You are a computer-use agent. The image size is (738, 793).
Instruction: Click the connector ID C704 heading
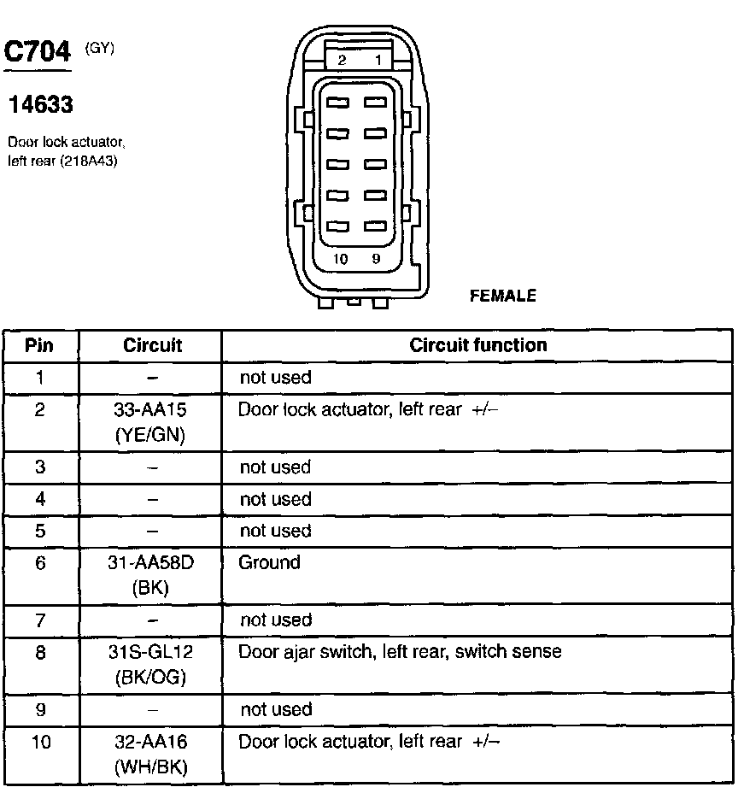[38, 54]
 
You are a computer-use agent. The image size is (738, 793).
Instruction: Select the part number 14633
[40, 105]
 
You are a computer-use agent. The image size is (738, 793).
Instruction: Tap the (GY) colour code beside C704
[100, 49]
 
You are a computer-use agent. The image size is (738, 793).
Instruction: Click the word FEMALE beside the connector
[503, 296]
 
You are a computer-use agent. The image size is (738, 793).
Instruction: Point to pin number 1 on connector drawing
[377, 61]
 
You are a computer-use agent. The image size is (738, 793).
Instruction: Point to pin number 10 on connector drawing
[340, 259]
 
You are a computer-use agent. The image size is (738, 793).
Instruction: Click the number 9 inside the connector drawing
[376, 259]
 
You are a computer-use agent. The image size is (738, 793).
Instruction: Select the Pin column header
[39, 345]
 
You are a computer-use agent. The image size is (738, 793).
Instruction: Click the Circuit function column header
[478, 345]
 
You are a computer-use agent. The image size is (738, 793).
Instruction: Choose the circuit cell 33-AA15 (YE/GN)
[149, 422]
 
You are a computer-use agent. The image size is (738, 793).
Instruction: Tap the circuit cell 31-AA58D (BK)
[149, 575]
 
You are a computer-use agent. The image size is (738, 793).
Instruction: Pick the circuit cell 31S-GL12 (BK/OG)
[149, 665]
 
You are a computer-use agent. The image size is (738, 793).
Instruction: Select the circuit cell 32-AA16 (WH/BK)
[149, 755]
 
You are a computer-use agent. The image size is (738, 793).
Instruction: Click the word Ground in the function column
[269, 562]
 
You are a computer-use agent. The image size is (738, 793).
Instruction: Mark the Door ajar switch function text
[400, 652]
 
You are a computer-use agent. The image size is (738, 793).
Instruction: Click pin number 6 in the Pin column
[40, 563]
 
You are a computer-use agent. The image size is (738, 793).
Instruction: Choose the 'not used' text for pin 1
[275, 377]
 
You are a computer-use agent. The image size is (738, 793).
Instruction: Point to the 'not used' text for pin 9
[275, 709]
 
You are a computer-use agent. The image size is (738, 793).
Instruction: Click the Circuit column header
[153, 345]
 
